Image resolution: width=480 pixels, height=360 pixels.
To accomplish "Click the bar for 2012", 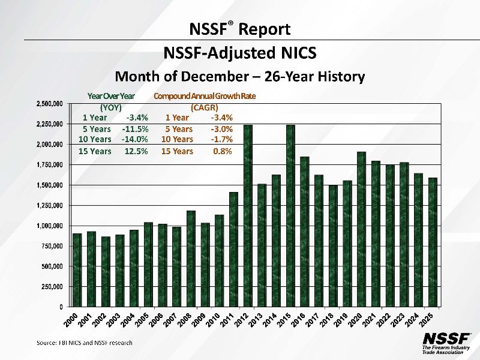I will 248,216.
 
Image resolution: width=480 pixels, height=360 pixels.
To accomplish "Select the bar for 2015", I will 290,216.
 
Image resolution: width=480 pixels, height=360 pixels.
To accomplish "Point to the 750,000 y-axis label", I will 53,246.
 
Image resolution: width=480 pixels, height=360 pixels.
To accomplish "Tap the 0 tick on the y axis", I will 63,307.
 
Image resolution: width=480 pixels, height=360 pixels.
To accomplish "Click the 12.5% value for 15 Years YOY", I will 136,151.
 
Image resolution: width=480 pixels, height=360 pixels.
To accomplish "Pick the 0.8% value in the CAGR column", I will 223,151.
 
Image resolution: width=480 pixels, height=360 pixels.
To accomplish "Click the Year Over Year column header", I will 111,96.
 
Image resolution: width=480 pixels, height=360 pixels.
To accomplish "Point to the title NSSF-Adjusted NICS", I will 240,54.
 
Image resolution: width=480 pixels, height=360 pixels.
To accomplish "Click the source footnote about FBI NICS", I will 85,343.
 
